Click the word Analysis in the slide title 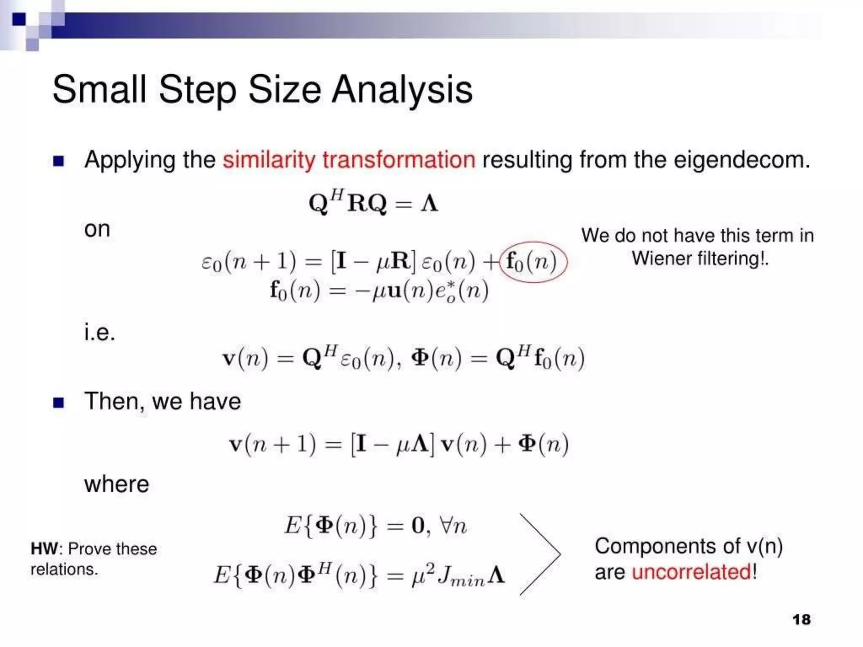[402, 90]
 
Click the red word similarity [269, 160]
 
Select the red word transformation [399, 160]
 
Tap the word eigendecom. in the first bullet [742, 160]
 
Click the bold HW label [44, 549]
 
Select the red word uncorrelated [691, 572]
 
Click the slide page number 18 [801, 619]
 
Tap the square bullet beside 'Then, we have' [59, 403]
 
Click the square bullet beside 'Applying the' [59, 161]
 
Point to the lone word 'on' [97, 230]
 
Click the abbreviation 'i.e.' [99, 333]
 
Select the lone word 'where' [117, 484]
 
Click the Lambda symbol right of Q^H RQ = [429, 203]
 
